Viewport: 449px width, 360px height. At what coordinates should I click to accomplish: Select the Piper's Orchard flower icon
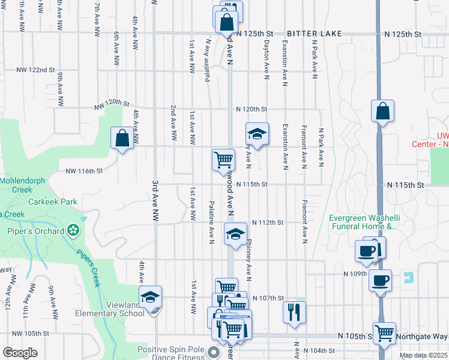click(73, 229)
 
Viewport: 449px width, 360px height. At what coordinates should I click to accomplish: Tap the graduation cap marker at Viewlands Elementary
click(151, 296)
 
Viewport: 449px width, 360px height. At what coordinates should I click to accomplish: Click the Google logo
click(20, 353)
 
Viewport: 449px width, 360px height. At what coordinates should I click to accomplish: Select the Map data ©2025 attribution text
click(423, 355)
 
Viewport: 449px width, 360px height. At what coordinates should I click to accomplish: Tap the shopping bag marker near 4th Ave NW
click(122, 138)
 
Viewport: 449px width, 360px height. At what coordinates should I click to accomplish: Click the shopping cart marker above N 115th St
click(223, 160)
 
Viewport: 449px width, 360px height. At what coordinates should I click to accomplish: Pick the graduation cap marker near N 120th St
click(257, 134)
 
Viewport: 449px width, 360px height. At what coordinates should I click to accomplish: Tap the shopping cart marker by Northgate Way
click(384, 332)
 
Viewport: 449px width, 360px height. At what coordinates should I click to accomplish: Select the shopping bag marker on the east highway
click(382, 111)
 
